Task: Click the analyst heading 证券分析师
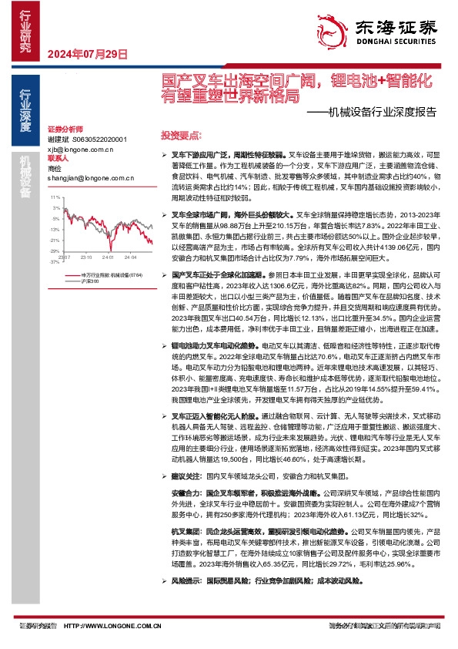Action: (x=64, y=129)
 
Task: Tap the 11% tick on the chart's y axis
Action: (x=55, y=198)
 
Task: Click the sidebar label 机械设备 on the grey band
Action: (x=26, y=177)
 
